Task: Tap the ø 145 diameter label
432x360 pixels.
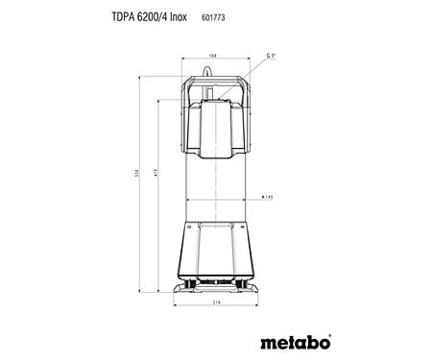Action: (x=268, y=197)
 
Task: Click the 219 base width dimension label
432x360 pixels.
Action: (x=217, y=305)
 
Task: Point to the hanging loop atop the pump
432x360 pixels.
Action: (x=216, y=69)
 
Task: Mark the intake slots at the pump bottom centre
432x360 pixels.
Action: (x=216, y=282)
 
